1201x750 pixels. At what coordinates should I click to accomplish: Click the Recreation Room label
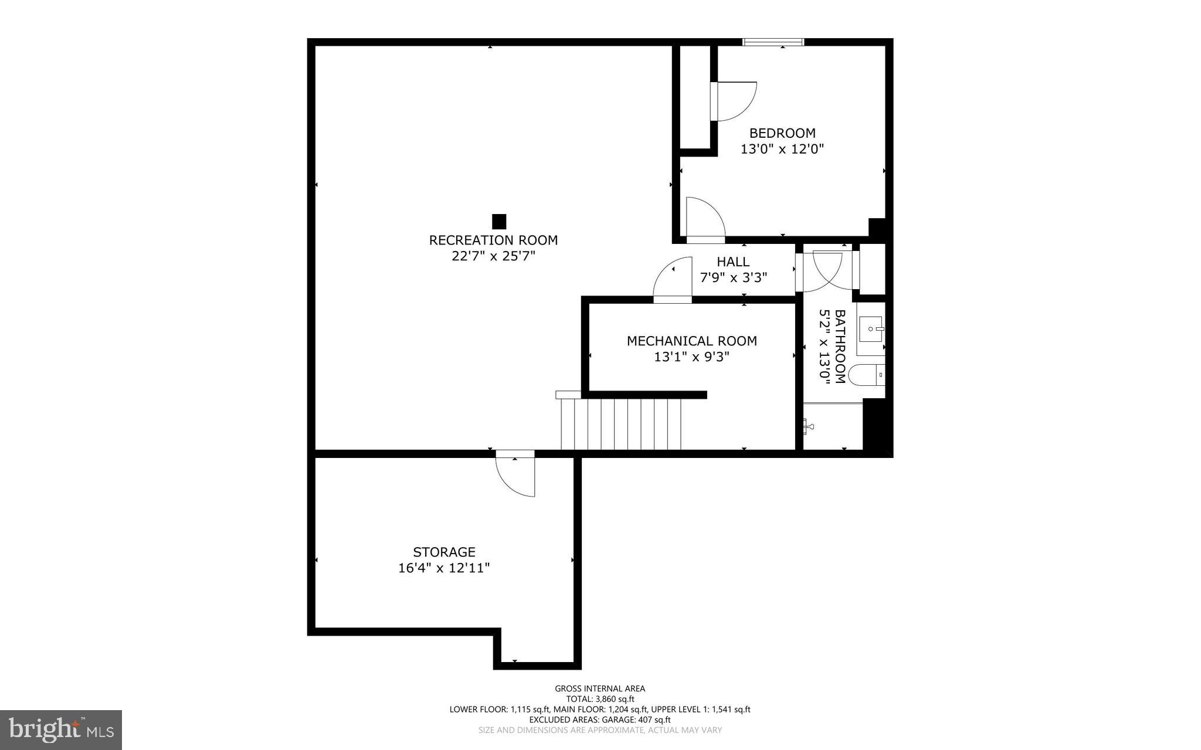click(x=493, y=240)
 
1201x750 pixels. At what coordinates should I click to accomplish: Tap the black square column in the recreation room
click(x=498, y=222)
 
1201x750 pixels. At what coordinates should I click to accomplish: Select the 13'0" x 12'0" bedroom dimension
click(x=782, y=149)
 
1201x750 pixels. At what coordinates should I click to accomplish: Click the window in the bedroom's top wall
click(x=773, y=42)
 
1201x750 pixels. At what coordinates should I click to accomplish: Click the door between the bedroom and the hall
click(x=705, y=221)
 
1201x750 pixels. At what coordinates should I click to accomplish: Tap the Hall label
click(x=733, y=262)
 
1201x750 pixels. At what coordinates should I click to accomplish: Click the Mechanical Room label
click(x=691, y=341)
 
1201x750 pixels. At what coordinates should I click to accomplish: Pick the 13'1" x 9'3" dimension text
click(x=691, y=357)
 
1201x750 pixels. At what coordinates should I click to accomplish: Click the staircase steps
click(x=620, y=424)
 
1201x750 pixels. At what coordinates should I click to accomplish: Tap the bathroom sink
click(x=870, y=328)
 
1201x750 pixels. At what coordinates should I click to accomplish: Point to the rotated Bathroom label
click(x=840, y=347)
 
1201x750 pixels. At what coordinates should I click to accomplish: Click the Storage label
click(x=444, y=552)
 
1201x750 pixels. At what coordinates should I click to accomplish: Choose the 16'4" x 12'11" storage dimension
click(x=444, y=568)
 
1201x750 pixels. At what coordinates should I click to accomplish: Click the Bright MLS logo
click(x=61, y=729)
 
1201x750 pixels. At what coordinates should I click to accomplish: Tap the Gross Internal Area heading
click(x=600, y=688)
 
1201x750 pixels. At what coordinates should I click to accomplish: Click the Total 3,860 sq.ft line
click(x=600, y=699)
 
